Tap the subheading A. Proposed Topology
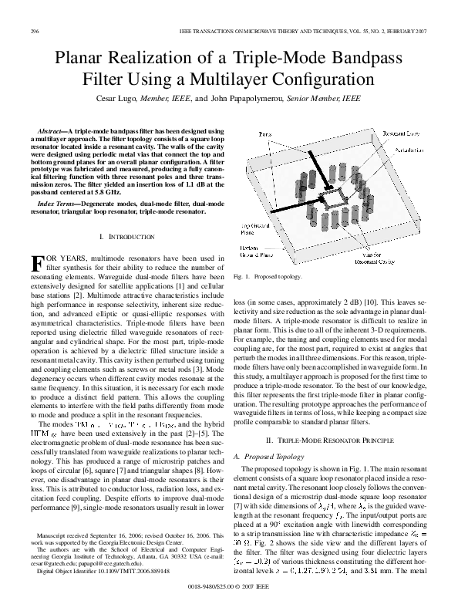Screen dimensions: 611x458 (268, 456)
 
